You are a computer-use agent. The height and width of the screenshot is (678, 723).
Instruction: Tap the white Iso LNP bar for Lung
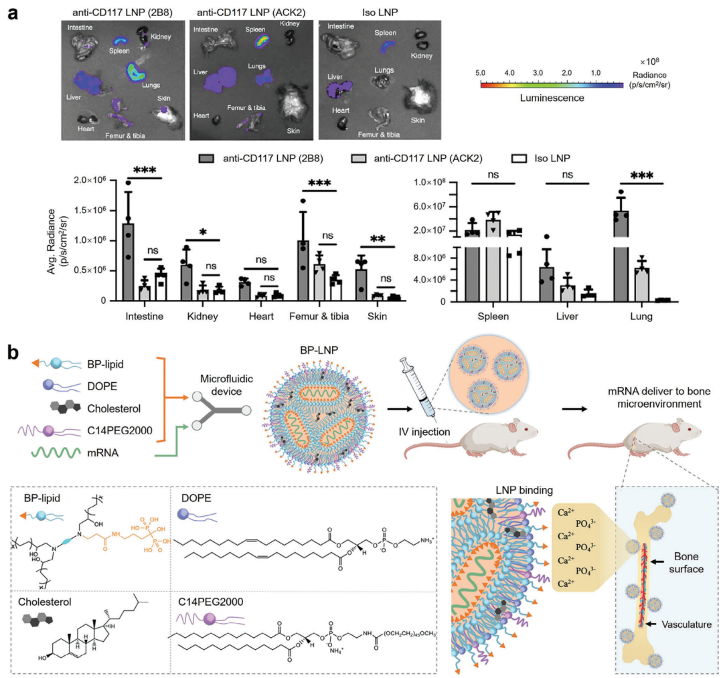coord(662,300)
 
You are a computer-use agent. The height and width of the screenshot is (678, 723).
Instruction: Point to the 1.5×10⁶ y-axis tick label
coord(94,211)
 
